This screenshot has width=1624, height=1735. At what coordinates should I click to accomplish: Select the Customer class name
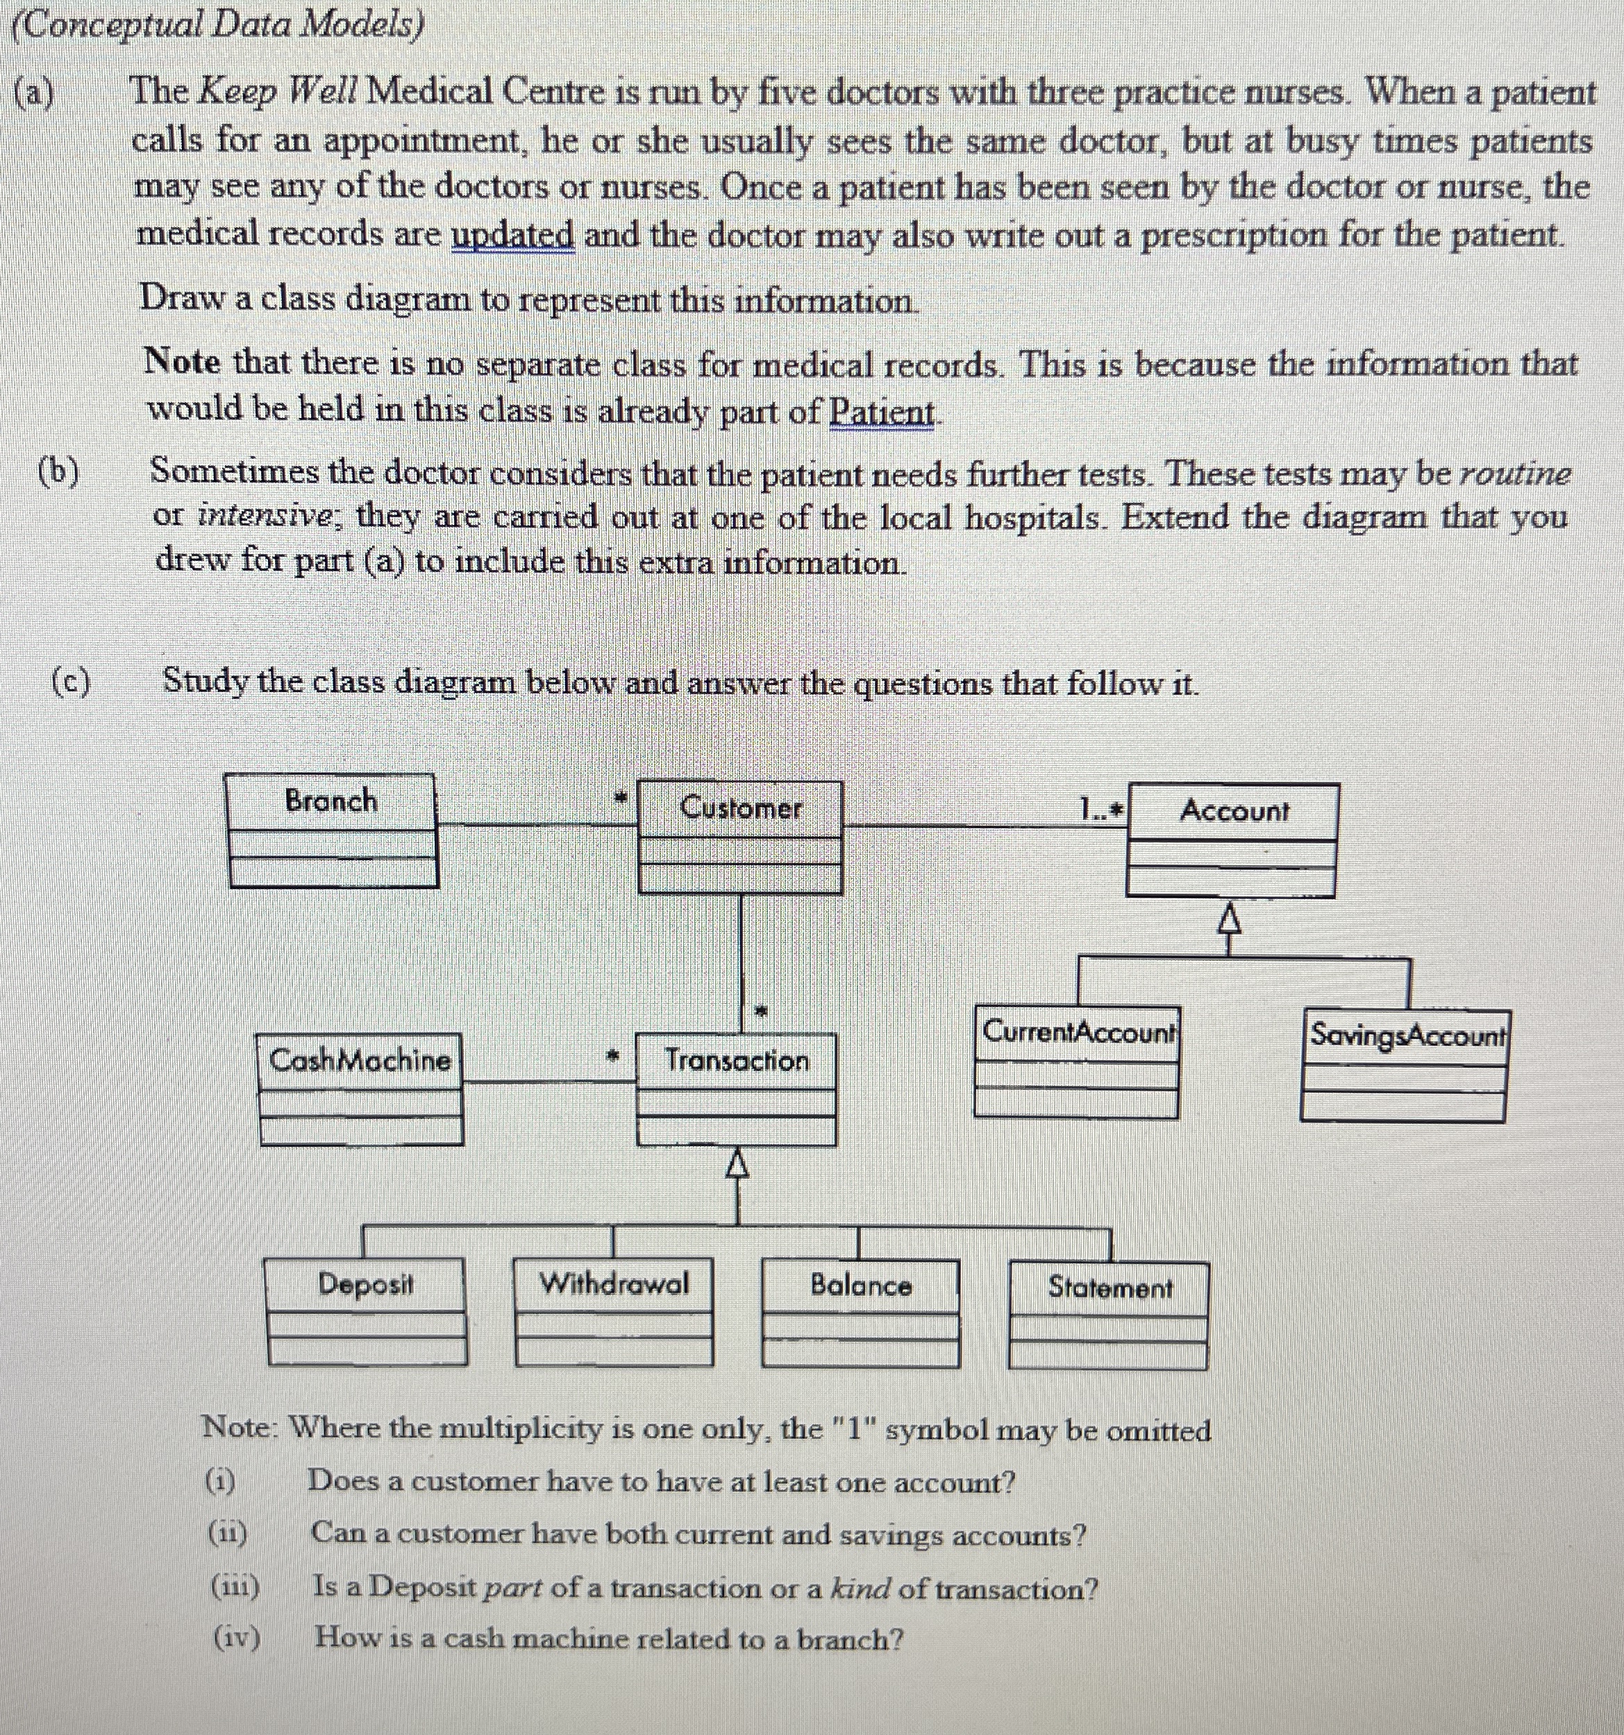(740, 808)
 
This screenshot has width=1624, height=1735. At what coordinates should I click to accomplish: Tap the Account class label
(1234, 811)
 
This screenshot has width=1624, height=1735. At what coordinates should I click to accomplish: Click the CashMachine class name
(360, 1060)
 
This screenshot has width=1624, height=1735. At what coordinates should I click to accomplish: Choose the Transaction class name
(737, 1060)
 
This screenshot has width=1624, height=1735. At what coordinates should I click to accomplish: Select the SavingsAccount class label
(1407, 1036)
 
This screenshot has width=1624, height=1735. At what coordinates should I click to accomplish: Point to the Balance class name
(860, 1286)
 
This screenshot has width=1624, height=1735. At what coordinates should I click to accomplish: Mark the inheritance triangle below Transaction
(737, 1164)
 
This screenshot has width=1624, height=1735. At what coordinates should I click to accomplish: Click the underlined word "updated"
(512, 235)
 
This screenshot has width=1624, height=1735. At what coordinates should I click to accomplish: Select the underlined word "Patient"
(881, 411)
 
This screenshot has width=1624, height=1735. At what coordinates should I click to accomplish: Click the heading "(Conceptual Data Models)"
(218, 26)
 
